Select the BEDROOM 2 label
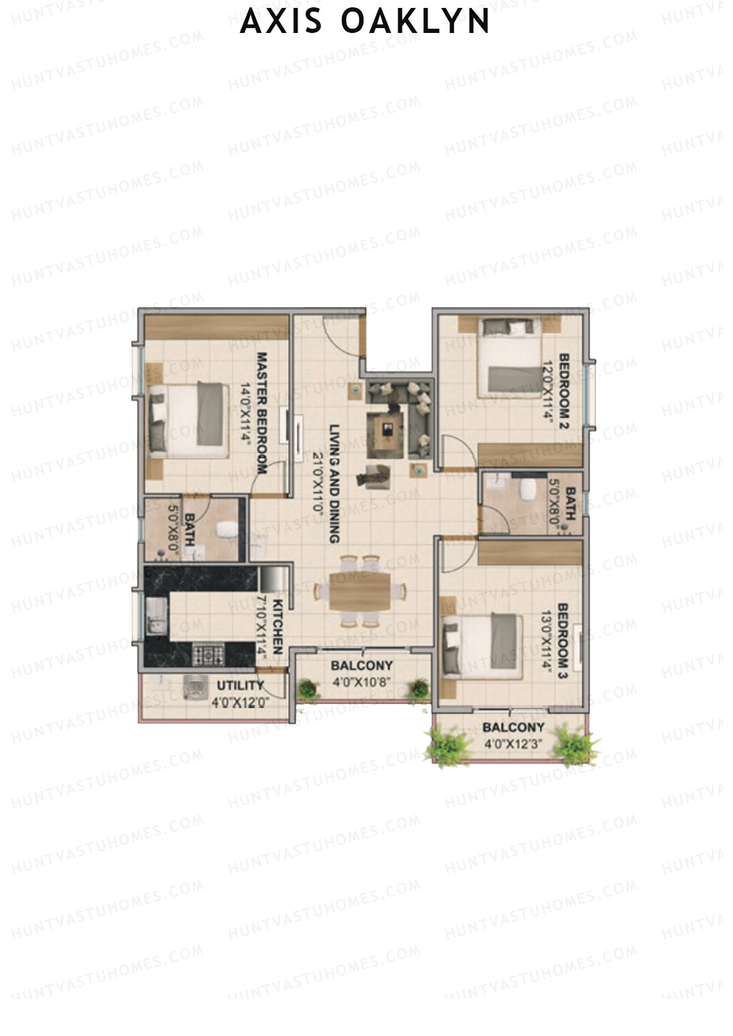pyautogui.click(x=564, y=391)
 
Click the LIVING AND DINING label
pyautogui.click(x=334, y=484)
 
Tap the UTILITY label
pyautogui.click(x=240, y=686)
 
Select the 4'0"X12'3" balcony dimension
pyautogui.click(x=513, y=745)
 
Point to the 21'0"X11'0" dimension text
pyautogui.click(x=318, y=485)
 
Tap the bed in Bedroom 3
pyautogui.click(x=483, y=646)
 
